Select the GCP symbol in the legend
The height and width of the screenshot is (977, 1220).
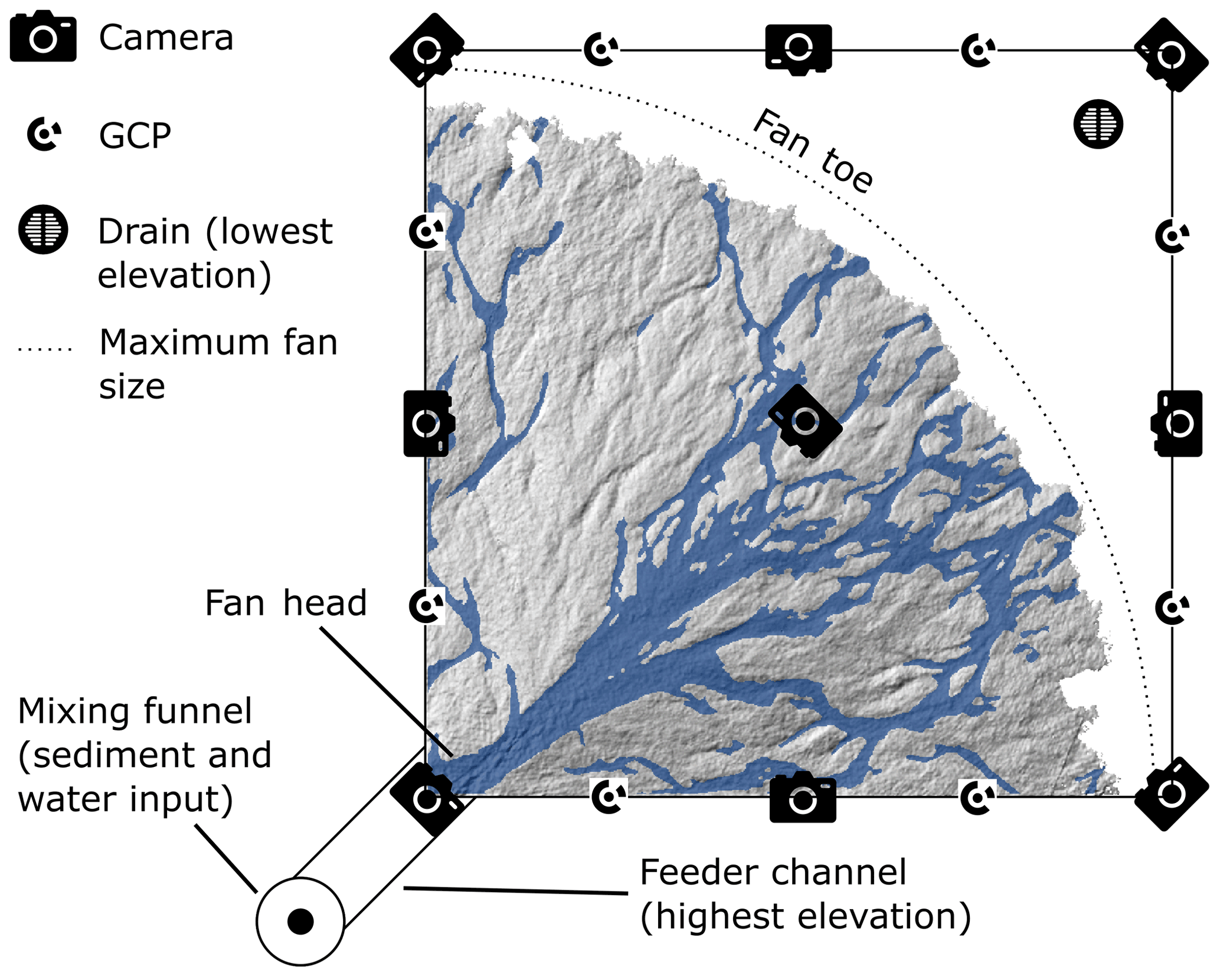[44, 135]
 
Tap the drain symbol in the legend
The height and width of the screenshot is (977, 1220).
[43, 230]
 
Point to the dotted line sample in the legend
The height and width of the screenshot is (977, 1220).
[45, 349]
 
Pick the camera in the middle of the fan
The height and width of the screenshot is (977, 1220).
[806, 421]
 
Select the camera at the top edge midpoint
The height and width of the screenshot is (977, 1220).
[799, 49]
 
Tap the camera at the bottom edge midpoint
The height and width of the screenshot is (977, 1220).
[803, 798]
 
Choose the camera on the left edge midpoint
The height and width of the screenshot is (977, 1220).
[427, 423]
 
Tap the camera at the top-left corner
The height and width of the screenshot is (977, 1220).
[427, 51]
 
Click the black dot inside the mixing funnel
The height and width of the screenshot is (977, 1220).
[300, 921]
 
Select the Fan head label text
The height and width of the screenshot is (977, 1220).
[286, 603]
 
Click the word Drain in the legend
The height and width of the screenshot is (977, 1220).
[143, 231]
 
